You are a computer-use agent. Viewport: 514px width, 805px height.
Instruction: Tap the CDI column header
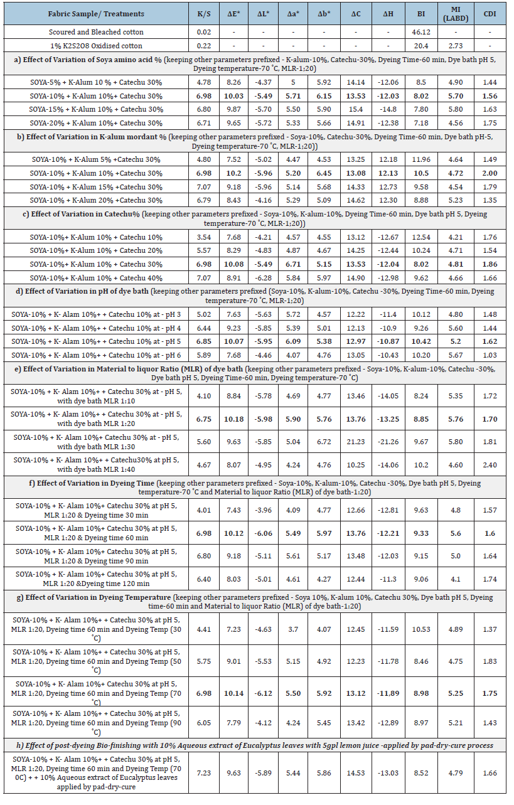490,13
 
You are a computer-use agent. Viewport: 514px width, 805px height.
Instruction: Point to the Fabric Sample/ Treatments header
97,13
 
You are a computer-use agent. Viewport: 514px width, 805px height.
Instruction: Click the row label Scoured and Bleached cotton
97,32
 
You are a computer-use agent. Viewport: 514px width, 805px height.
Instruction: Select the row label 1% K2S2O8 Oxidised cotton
97,46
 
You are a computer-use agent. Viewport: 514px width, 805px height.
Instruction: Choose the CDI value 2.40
490,465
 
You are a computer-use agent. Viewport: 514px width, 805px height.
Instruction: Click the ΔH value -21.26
386,442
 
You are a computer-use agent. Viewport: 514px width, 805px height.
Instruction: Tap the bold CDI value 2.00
490,173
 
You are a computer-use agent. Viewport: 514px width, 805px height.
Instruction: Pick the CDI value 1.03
490,355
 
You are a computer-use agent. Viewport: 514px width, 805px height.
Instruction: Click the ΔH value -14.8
386,110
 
